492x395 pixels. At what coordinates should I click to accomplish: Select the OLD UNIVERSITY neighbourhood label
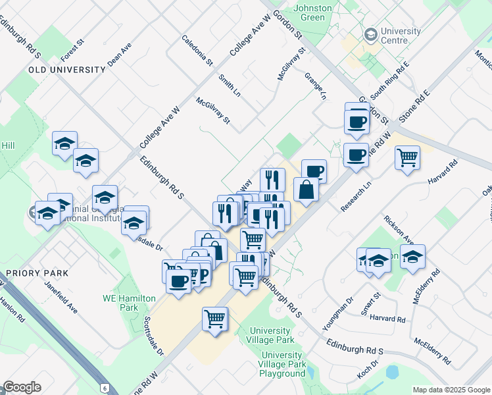point(66,69)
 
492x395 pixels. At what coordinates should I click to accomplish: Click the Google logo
point(22,387)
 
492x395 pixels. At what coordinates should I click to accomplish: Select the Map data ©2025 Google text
point(451,389)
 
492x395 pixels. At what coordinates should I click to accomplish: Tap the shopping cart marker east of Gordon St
point(408,157)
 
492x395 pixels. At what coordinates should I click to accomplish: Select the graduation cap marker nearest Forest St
point(64,143)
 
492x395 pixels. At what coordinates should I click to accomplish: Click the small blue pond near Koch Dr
point(393,372)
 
